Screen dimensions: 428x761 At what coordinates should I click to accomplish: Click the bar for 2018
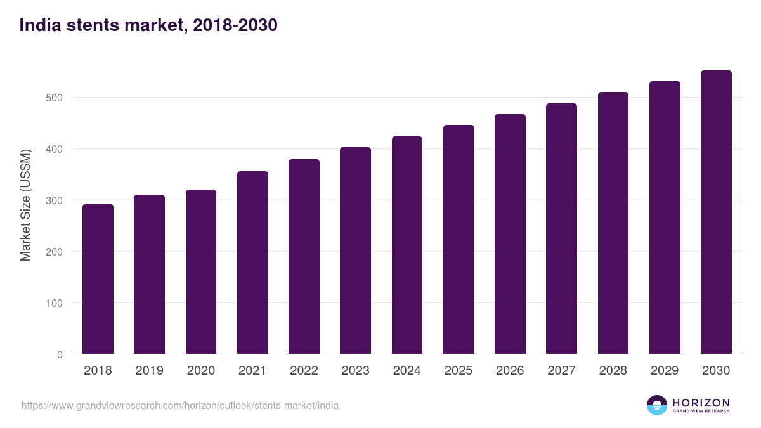coord(98,279)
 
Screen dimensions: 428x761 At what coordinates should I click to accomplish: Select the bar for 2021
coord(252,263)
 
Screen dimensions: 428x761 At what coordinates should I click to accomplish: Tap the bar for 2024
coord(407,245)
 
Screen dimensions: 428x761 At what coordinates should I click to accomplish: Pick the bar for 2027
coord(561,228)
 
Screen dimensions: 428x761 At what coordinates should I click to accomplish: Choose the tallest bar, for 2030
coord(716,212)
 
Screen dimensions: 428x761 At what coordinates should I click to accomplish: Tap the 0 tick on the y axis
coord(60,354)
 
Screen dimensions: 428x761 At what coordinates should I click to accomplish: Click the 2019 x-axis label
coord(149,371)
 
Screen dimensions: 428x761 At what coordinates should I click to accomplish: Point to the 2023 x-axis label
coord(355,371)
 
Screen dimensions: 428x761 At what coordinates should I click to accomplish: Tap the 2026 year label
coord(510,371)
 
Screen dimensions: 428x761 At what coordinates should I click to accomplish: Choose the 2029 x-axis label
coord(665,371)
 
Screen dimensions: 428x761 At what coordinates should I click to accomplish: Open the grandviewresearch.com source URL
coord(180,405)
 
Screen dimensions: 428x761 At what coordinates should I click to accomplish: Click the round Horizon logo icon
coord(657,405)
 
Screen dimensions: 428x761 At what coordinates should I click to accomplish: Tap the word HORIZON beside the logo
coord(701,403)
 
